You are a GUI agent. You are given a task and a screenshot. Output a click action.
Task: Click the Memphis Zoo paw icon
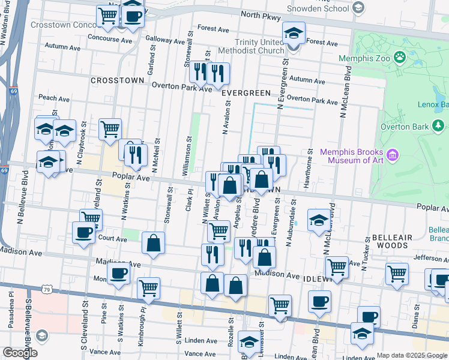(400, 58)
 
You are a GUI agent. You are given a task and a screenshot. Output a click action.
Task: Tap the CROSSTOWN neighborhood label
(117, 80)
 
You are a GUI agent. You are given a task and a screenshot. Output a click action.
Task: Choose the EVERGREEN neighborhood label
(246, 93)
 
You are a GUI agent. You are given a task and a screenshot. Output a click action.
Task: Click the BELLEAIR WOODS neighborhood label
(392, 242)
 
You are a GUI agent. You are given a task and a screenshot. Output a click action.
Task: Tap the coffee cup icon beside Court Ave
(83, 232)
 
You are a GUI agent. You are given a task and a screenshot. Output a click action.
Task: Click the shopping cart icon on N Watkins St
(110, 128)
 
